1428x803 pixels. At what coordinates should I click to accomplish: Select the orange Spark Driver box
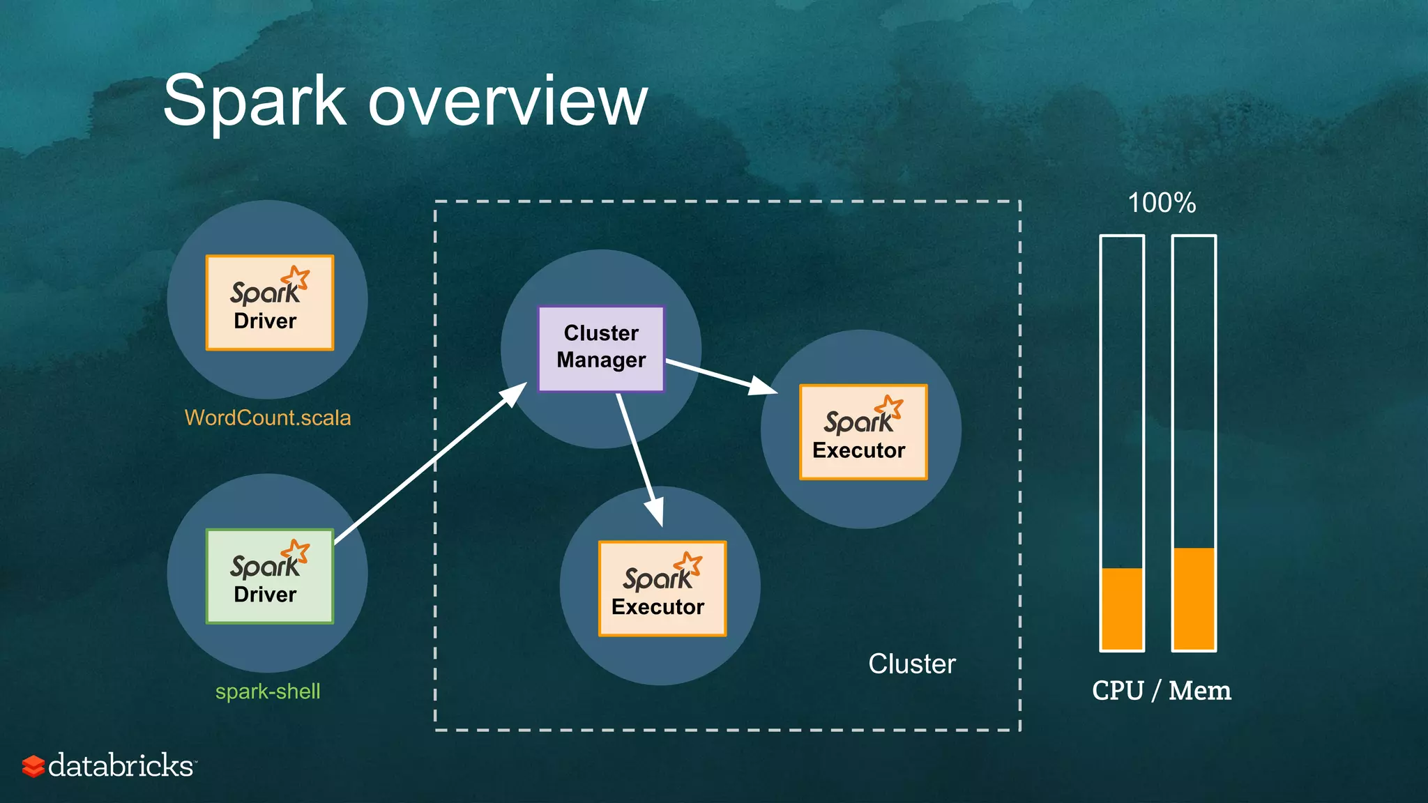269,303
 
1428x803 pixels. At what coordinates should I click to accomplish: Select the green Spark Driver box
269,576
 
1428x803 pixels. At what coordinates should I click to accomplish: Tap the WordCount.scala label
268,418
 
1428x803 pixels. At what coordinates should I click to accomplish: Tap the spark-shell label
268,691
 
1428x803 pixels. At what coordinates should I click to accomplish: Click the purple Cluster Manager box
601,348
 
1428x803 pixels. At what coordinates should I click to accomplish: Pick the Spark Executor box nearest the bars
863,431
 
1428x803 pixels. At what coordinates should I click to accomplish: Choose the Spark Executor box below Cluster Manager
662,588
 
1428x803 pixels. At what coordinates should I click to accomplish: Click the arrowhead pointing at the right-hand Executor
764,385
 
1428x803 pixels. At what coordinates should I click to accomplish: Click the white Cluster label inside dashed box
911,664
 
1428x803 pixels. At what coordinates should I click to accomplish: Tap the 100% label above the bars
1162,204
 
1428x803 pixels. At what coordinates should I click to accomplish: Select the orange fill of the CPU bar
1122,609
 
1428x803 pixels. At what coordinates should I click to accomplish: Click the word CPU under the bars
1118,691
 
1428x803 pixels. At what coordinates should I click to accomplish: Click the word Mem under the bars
1199,691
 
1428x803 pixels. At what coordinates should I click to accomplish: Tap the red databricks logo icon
33,765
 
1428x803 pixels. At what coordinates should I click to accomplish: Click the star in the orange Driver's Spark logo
298,277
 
